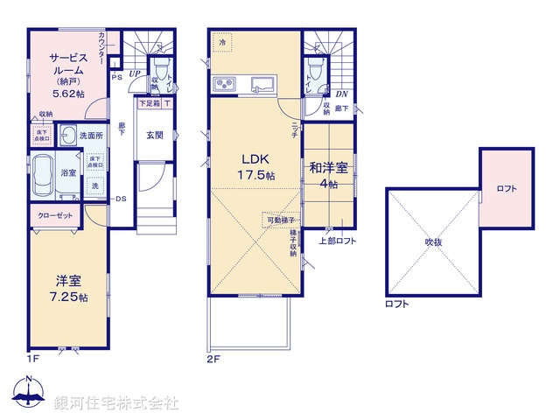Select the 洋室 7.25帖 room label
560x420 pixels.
tap(68, 288)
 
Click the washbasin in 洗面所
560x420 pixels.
tap(67, 136)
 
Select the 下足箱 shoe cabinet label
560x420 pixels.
tap(149, 103)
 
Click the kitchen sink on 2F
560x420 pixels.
tap(262, 85)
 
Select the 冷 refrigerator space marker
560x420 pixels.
tap(223, 41)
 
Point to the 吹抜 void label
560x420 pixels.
tap(435, 242)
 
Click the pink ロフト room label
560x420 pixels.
tap(506, 188)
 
